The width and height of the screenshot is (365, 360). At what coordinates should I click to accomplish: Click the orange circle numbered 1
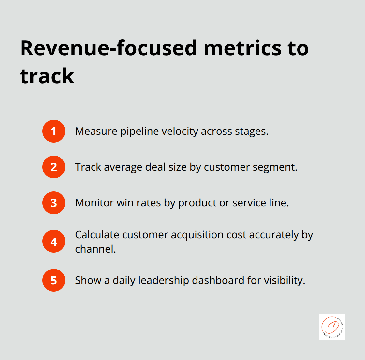click(x=54, y=131)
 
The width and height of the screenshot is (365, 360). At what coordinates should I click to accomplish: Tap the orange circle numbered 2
click(x=54, y=167)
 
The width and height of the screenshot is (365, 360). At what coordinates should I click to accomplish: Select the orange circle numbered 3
click(x=54, y=203)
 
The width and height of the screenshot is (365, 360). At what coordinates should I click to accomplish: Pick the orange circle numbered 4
click(x=54, y=242)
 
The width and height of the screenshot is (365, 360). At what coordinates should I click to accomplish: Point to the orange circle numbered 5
click(x=54, y=280)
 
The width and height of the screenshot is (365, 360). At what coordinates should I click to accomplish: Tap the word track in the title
click(x=47, y=76)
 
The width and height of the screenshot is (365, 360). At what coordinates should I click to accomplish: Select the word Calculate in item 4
click(x=96, y=235)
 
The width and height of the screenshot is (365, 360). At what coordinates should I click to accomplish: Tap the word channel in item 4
click(x=95, y=249)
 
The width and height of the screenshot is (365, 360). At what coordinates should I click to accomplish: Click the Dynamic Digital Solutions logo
click(x=332, y=327)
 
